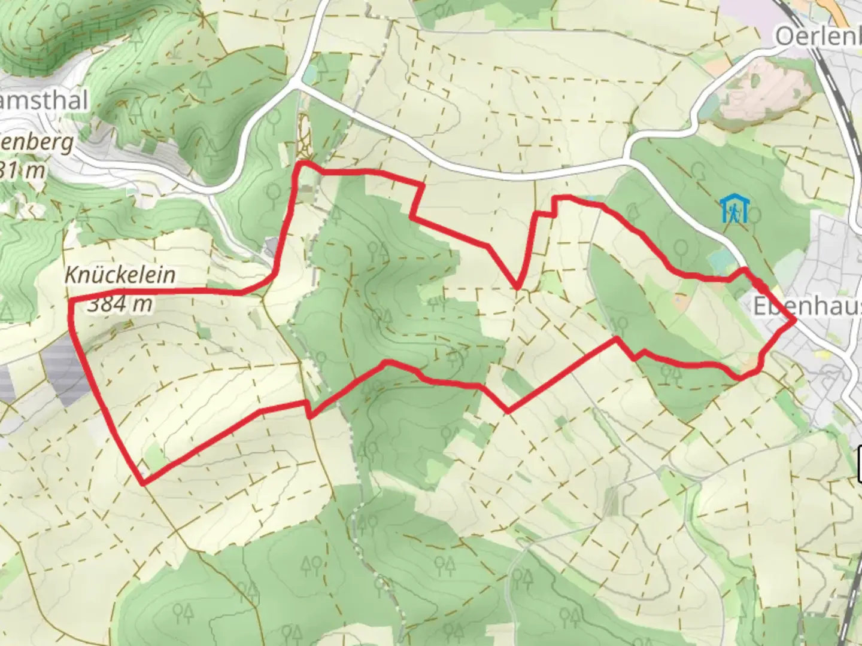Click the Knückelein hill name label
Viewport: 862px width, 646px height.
click(120, 275)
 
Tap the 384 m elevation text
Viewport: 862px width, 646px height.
click(120, 304)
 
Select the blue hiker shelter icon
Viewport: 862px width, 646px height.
click(734, 208)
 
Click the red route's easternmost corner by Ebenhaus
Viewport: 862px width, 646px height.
click(794, 321)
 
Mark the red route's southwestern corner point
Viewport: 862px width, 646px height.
click(142, 482)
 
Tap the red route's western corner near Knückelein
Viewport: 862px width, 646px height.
click(70, 300)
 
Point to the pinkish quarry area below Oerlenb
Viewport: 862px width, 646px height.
click(769, 90)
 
